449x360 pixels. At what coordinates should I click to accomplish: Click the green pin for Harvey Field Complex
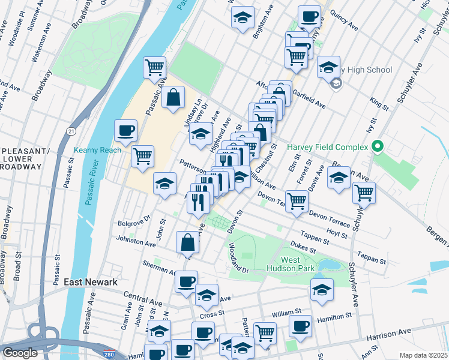click(377, 146)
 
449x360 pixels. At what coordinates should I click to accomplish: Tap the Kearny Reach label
click(97, 150)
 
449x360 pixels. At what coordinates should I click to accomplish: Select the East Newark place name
click(90, 282)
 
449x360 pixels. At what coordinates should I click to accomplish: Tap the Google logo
click(20, 353)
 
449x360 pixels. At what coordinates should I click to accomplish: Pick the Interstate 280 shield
click(109, 354)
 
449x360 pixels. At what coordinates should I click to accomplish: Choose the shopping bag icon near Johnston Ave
click(187, 243)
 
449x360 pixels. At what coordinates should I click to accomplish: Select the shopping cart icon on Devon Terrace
click(296, 202)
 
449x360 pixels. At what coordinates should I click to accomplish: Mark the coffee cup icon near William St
click(300, 326)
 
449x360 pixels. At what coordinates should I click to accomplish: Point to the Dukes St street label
click(303, 247)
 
